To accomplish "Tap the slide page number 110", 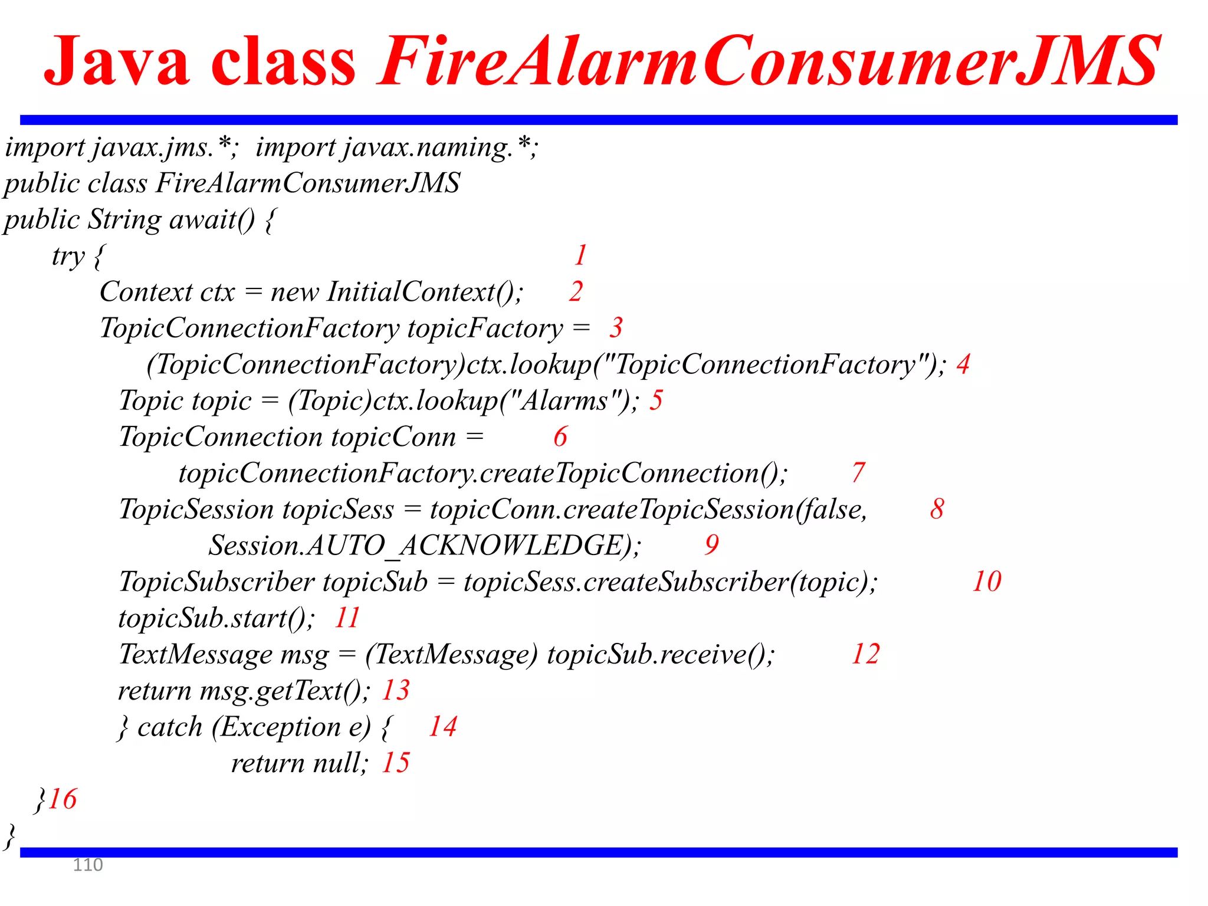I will (x=87, y=865).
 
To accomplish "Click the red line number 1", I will (x=581, y=255).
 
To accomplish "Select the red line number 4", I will (x=963, y=365).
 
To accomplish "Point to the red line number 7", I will (x=859, y=473).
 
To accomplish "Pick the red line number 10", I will (x=987, y=582).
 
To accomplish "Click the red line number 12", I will (x=865, y=654).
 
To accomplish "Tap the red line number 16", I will (x=63, y=799).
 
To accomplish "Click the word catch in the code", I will (x=170, y=727).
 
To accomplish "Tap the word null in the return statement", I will (x=339, y=763).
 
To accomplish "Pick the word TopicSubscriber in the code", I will (x=216, y=582).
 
